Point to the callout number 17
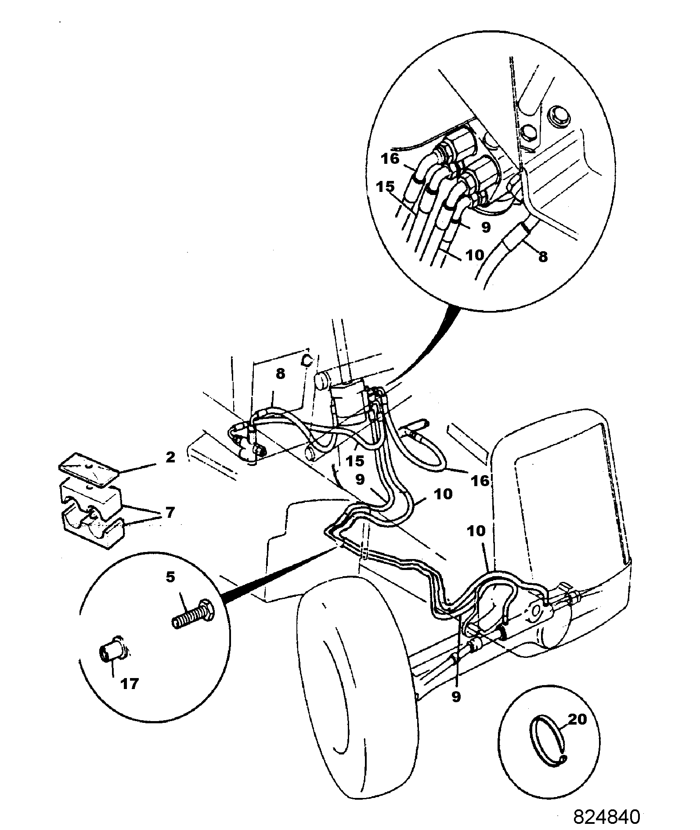[130, 683]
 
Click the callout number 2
[170, 458]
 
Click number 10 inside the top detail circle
[474, 255]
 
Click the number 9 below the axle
[456, 697]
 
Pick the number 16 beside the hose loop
[480, 480]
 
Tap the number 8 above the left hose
[280, 374]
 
